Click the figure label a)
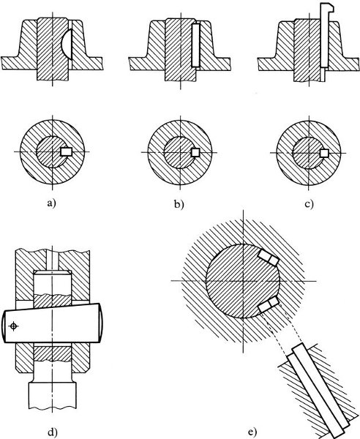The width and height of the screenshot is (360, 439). (52, 203)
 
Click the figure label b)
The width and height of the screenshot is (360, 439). (179, 204)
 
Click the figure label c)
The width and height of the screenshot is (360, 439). (309, 204)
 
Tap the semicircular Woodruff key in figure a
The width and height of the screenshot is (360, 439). (67, 44)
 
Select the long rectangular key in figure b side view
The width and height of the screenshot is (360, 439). (195, 45)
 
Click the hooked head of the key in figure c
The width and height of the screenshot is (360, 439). (328, 7)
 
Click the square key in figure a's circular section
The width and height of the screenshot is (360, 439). (67, 151)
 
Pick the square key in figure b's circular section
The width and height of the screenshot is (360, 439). (195, 152)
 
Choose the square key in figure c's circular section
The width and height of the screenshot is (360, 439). (324, 153)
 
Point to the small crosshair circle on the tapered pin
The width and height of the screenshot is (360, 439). (13, 326)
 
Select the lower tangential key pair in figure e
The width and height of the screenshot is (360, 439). (269, 304)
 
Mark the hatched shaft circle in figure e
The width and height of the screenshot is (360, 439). (243, 281)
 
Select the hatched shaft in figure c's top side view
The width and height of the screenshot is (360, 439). (307, 50)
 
